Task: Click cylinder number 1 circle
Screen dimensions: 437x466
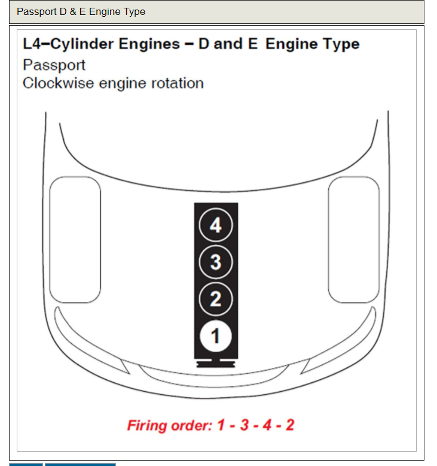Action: (x=215, y=336)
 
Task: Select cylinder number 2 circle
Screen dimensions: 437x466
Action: (x=215, y=299)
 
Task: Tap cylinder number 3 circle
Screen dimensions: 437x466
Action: (x=215, y=262)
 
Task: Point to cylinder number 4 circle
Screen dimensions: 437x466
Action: (x=215, y=225)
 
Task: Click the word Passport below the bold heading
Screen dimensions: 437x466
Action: (x=54, y=65)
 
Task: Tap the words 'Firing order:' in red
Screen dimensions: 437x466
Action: (x=169, y=425)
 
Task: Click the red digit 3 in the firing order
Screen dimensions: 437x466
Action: (x=244, y=425)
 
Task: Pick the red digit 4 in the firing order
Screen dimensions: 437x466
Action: (x=267, y=425)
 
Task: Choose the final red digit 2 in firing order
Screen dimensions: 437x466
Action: (x=289, y=425)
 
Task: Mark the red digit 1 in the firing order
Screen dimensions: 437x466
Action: (x=221, y=425)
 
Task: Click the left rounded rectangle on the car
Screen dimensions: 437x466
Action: (x=75, y=239)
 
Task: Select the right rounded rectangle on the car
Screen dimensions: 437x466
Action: (x=354, y=239)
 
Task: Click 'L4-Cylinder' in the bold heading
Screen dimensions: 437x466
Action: (x=68, y=44)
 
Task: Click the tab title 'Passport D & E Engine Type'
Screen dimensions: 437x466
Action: (x=81, y=11)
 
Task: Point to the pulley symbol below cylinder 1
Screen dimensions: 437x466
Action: (x=215, y=363)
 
